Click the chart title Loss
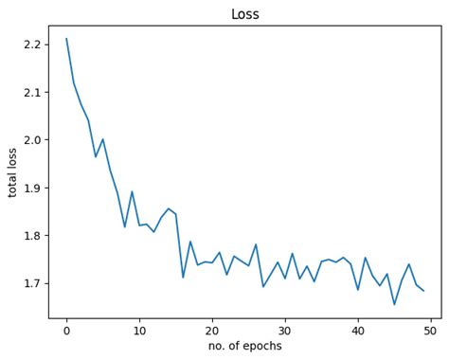pyautogui.click(x=244, y=14)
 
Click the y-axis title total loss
pyautogui.click(x=13, y=164)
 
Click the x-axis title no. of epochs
pyautogui.click(x=244, y=346)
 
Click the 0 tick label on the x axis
pyautogui.click(x=66, y=330)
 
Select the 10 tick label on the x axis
pyautogui.click(x=139, y=330)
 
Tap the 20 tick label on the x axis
pyautogui.click(x=212, y=330)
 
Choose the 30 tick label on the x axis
pyautogui.click(x=285, y=330)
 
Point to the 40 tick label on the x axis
pyautogui.click(x=358, y=330)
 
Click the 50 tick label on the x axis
pyautogui.click(x=431, y=330)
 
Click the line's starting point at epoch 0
pyautogui.click(x=66, y=39)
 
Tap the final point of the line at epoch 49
pyautogui.click(x=423, y=291)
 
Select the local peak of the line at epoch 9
pyautogui.click(x=132, y=191)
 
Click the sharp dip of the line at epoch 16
pyautogui.click(x=183, y=277)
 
